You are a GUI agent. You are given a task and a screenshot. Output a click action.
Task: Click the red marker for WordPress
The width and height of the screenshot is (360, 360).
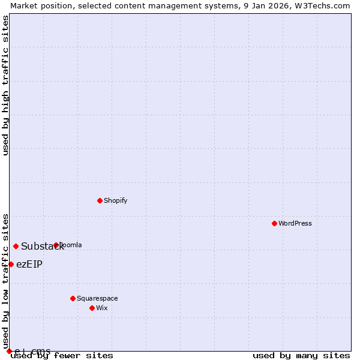(x=274, y=223)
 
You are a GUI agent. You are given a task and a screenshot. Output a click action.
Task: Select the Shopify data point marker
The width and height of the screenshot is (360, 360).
(x=100, y=200)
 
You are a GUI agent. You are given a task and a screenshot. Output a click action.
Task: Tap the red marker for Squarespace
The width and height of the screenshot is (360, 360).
(x=73, y=298)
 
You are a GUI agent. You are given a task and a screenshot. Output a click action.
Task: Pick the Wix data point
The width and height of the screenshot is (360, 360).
(x=92, y=308)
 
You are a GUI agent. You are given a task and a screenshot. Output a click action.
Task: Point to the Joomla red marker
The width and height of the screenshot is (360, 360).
(x=56, y=245)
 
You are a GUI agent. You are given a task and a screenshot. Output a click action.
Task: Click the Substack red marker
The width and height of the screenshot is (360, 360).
(x=16, y=246)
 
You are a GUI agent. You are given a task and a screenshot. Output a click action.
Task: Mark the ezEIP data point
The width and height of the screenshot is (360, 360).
(x=11, y=264)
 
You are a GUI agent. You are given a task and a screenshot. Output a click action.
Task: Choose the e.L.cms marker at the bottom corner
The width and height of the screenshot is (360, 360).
(x=9, y=351)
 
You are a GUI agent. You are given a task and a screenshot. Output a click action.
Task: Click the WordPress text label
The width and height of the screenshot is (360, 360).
(x=295, y=223)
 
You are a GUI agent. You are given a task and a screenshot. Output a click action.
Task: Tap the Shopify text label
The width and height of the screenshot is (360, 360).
(x=115, y=200)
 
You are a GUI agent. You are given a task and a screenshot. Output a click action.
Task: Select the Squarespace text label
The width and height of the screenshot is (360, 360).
(x=97, y=298)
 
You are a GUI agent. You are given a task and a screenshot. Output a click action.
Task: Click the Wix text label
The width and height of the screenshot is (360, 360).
(x=102, y=308)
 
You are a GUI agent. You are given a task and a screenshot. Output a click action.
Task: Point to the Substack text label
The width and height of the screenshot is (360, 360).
(x=42, y=247)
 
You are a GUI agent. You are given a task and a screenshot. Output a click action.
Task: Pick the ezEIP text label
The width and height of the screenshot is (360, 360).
(x=29, y=265)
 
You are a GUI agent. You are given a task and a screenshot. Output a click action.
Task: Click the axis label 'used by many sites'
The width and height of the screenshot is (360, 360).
(x=301, y=356)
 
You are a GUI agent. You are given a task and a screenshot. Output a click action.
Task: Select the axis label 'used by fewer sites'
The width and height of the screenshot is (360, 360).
(x=62, y=356)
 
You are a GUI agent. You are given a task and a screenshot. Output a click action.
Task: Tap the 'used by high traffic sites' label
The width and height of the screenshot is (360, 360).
(x=5, y=85)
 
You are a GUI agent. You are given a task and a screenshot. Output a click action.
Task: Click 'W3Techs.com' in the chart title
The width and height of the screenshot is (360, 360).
(x=323, y=5)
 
